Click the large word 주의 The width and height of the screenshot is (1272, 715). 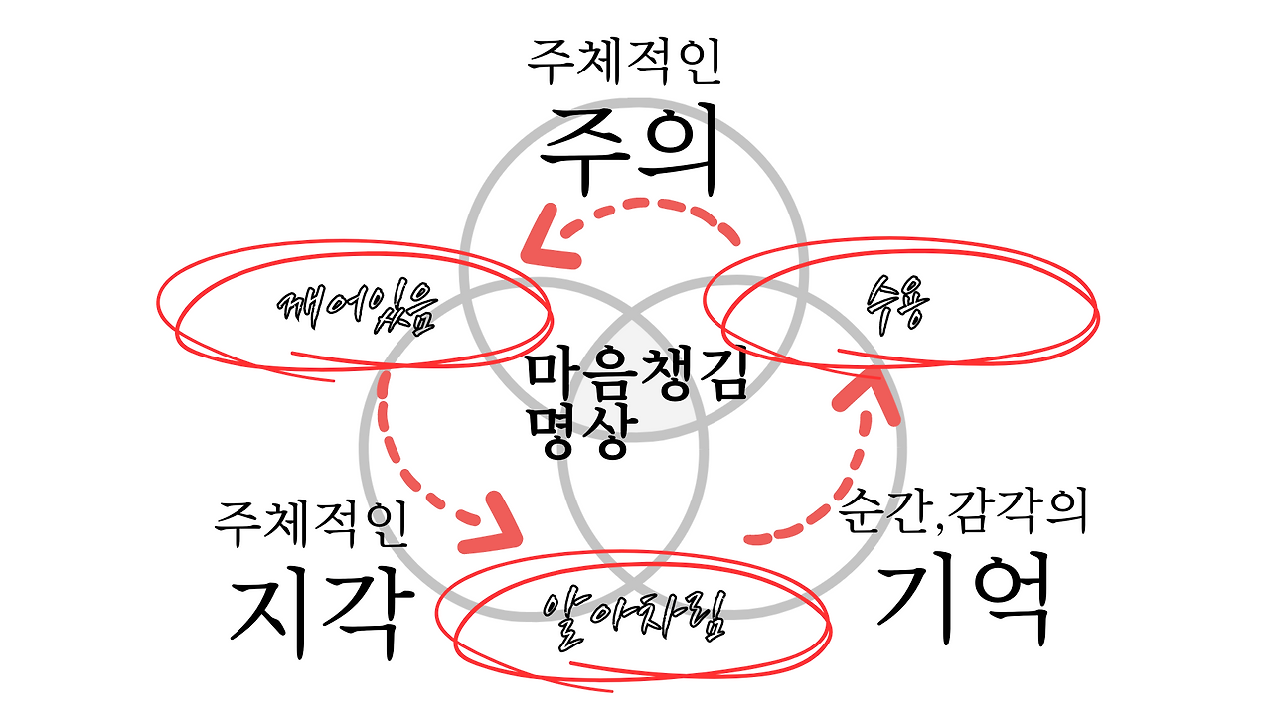pyautogui.click(x=628, y=149)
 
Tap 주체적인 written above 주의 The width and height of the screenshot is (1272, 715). pyautogui.click(x=624, y=62)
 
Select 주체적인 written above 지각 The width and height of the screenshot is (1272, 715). pyautogui.click(x=311, y=523)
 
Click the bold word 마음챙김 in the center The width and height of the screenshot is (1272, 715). pyautogui.click(x=636, y=375)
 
